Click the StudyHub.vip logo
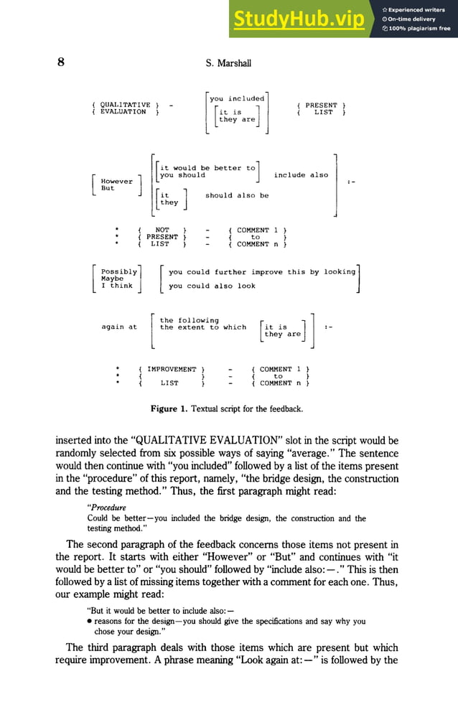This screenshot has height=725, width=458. point(298,19)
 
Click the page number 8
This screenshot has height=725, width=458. point(62,62)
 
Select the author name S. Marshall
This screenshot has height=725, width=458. point(228,63)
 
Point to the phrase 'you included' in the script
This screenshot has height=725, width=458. point(237,98)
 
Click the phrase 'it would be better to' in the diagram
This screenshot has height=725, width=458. point(207,168)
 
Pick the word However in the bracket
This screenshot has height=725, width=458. point(117,182)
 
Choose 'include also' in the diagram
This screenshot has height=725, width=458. point(301,175)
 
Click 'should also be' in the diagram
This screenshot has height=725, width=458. point(237,195)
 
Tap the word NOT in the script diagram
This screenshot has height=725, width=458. point(162,230)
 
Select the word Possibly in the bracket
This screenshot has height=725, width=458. point(119,272)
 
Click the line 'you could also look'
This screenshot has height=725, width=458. point(212,286)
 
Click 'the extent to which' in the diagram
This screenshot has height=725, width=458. point(203,327)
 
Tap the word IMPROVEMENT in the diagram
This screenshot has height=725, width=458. point(172,370)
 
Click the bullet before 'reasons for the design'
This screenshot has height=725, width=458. point(90,622)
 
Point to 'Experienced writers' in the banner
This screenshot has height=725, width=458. point(419,9)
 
